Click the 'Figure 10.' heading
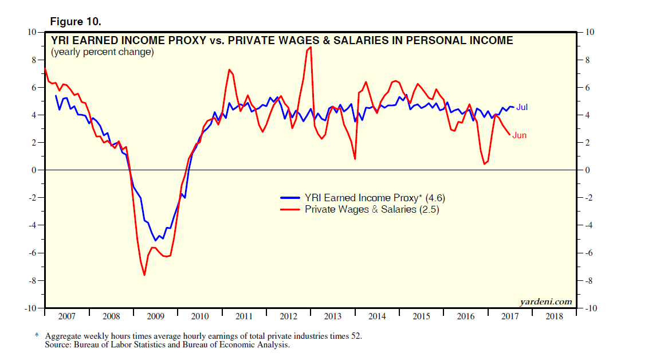76,22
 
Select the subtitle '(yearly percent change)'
102,53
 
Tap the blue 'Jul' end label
521,107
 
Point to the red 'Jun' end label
519,135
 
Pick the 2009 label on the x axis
156,316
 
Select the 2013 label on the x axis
333,316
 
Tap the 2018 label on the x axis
554,316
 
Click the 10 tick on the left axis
32,32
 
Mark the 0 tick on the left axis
34,170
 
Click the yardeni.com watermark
546,302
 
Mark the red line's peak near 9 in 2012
310,47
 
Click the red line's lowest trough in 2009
144,275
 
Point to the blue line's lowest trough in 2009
155,240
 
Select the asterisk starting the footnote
37,335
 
